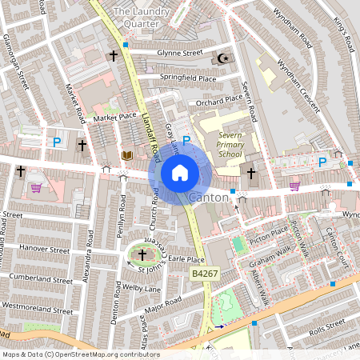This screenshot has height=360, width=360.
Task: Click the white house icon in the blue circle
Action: click(180, 172)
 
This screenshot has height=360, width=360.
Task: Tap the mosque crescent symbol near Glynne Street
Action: click(224, 58)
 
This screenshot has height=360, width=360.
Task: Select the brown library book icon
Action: click(126, 154)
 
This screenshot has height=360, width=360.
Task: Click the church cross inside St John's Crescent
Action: click(143, 255)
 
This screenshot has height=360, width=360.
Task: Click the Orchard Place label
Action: click(218, 99)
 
